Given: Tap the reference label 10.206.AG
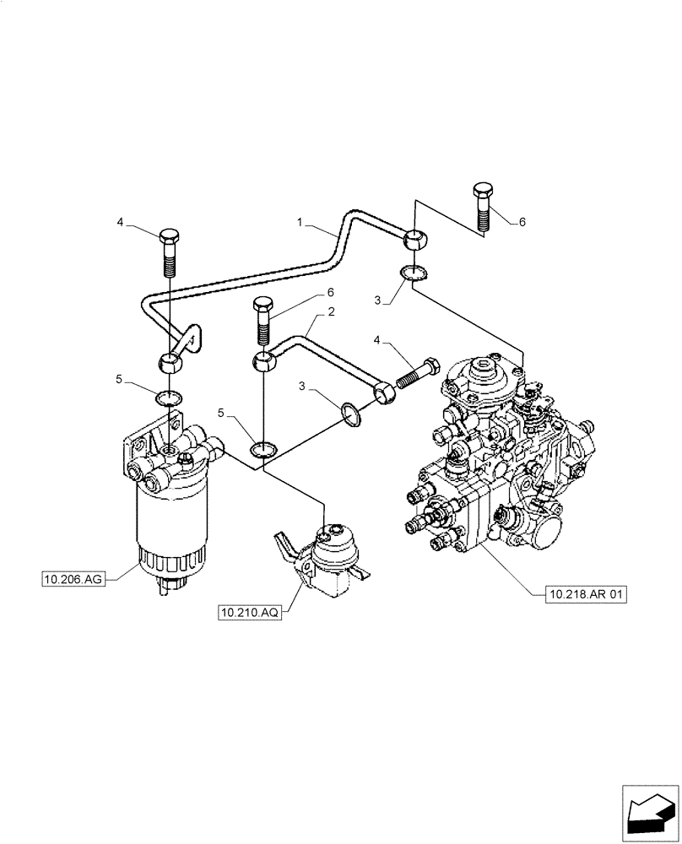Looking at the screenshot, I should click(x=73, y=579).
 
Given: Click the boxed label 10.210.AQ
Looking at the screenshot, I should click(x=250, y=613).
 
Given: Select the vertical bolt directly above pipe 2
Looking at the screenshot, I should click(x=263, y=321).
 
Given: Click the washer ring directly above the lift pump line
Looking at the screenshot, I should click(x=264, y=449).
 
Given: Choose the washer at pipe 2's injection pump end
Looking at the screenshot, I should click(x=351, y=414).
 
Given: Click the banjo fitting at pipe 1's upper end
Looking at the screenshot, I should click(x=414, y=239).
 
